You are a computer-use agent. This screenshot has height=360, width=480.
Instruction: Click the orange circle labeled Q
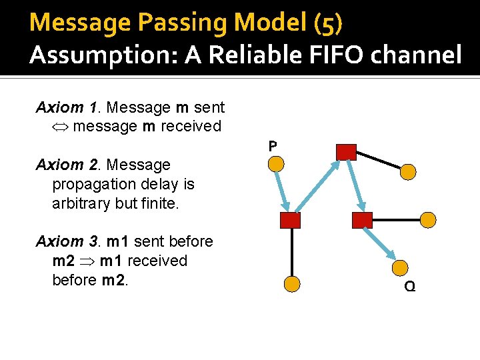[400, 268]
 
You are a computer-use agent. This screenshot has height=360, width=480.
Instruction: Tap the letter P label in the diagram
[273, 145]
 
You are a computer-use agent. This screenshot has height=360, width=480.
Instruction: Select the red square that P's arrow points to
[291, 220]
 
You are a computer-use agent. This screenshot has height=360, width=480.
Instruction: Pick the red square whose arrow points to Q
[362, 220]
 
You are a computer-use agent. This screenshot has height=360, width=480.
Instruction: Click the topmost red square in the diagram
[346, 152]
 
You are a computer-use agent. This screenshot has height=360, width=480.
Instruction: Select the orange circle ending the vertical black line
[291, 284]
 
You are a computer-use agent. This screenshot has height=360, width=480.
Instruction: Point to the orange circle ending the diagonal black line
[408, 172]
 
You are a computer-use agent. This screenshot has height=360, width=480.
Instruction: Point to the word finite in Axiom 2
[159, 203]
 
